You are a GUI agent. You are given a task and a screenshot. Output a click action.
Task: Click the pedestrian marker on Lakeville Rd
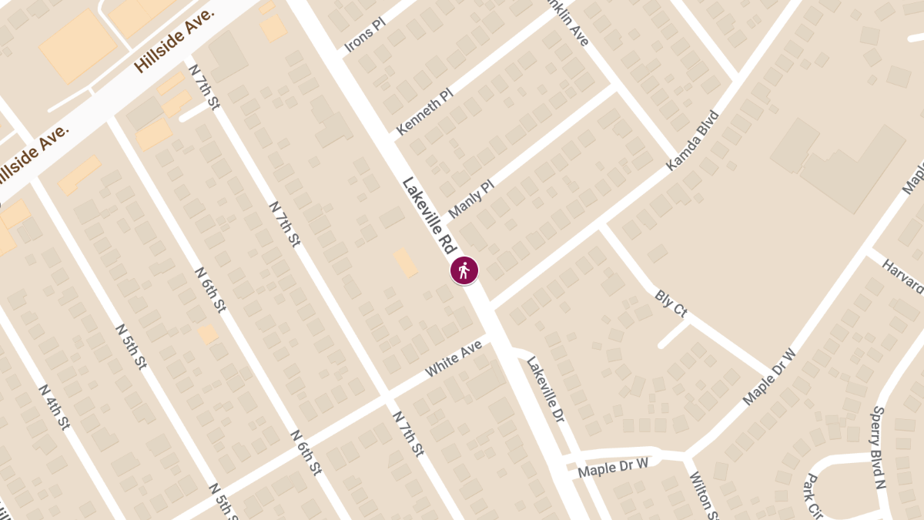(464, 270)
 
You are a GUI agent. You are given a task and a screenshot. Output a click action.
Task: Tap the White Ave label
(454, 359)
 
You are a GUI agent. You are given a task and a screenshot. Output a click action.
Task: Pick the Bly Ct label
(670, 304)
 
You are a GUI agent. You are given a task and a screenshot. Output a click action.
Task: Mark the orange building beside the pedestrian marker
(406, 263)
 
